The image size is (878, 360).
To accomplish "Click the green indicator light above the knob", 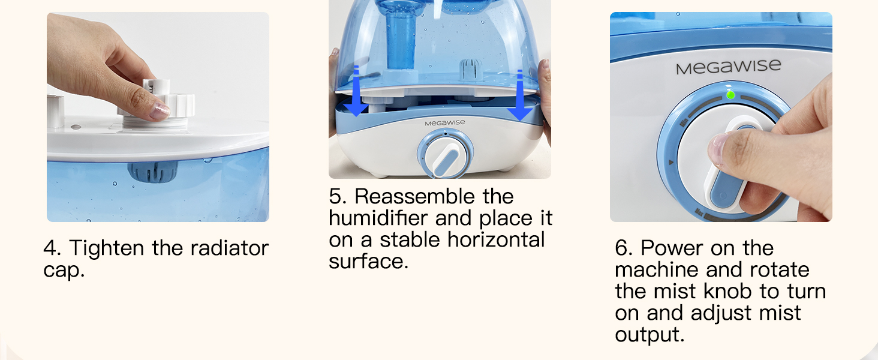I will [730, 95].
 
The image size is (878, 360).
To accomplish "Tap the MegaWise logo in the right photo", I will [728, 67].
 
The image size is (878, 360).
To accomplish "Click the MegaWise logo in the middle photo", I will [444, 122].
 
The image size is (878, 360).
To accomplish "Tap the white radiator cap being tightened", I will [157, 104].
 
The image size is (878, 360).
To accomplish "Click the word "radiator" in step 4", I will [224, 248].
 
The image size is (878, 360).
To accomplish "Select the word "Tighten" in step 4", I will [107, 248].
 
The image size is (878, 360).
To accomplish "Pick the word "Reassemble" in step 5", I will [434, 196].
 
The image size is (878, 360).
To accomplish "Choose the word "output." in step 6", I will [650, 334].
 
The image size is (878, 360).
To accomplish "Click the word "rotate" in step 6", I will [779, 269].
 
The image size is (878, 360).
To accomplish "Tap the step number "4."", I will [52, 248].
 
